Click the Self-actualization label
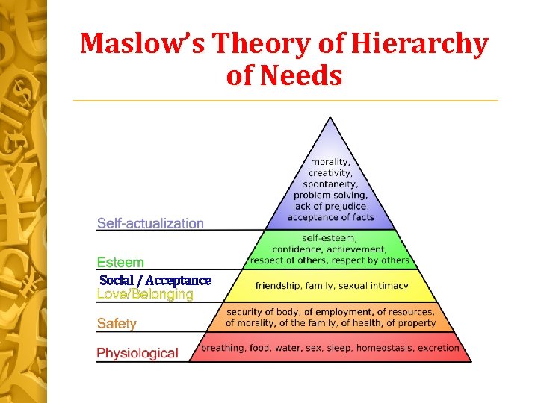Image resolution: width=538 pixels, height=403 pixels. tap(150, 223)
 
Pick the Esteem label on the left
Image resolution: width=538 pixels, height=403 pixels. tap(120, 262)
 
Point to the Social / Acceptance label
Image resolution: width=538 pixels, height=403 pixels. tap(155, 280)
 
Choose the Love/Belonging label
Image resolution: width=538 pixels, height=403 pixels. tap(145, 294)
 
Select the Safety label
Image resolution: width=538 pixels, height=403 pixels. tap(117, 324)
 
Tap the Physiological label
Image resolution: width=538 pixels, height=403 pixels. tap(137, 353)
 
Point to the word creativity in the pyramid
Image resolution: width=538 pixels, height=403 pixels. tap(330, 173)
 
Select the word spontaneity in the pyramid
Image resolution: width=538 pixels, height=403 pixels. tap(330, 184)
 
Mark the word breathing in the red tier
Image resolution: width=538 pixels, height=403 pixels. tap(221, 348)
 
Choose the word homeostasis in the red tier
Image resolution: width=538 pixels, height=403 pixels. tap(386, 348)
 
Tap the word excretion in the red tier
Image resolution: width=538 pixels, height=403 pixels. tap(439, 348)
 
